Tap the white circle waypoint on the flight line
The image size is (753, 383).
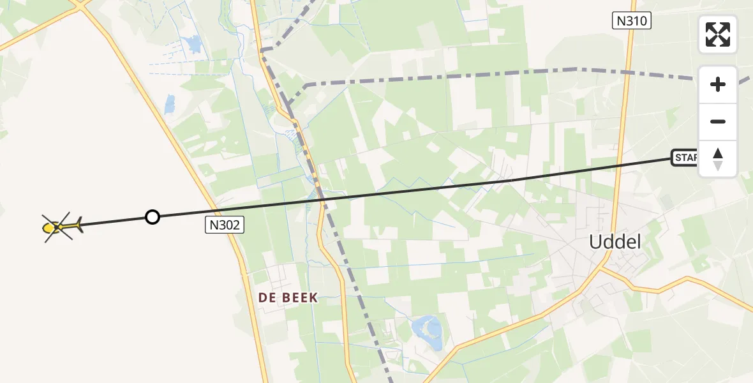(152, 217)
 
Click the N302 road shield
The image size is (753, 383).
(225, 224)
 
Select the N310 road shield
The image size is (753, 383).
(632, 21)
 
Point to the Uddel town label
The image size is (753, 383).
(615, 242)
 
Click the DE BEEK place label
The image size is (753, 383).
(288, 297)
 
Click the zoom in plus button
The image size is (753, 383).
(718, 84)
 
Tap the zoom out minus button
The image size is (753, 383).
(718, 121)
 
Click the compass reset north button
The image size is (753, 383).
(718, 159)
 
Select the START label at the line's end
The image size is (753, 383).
(685, 158)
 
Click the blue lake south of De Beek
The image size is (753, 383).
(428, 333)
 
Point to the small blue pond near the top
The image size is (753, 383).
(191, 45)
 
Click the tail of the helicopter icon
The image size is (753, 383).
(77, 224)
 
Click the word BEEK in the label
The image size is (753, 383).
(298, 297)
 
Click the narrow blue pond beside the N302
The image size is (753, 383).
(169, 104)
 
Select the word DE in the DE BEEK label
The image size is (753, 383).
(266, 297)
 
